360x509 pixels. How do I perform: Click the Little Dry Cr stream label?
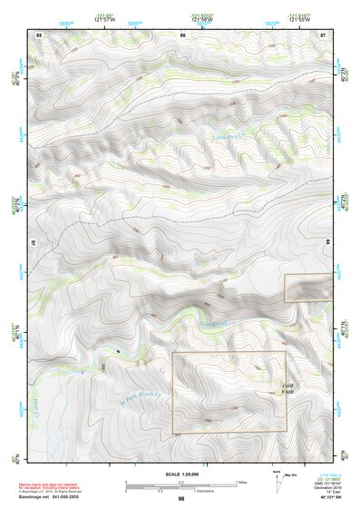(229, 138)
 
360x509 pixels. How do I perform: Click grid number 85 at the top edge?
(39, 34)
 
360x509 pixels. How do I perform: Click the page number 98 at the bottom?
(181, 498)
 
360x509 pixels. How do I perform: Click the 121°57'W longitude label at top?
(105, 20)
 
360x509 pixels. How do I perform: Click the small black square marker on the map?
(119, 351)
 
